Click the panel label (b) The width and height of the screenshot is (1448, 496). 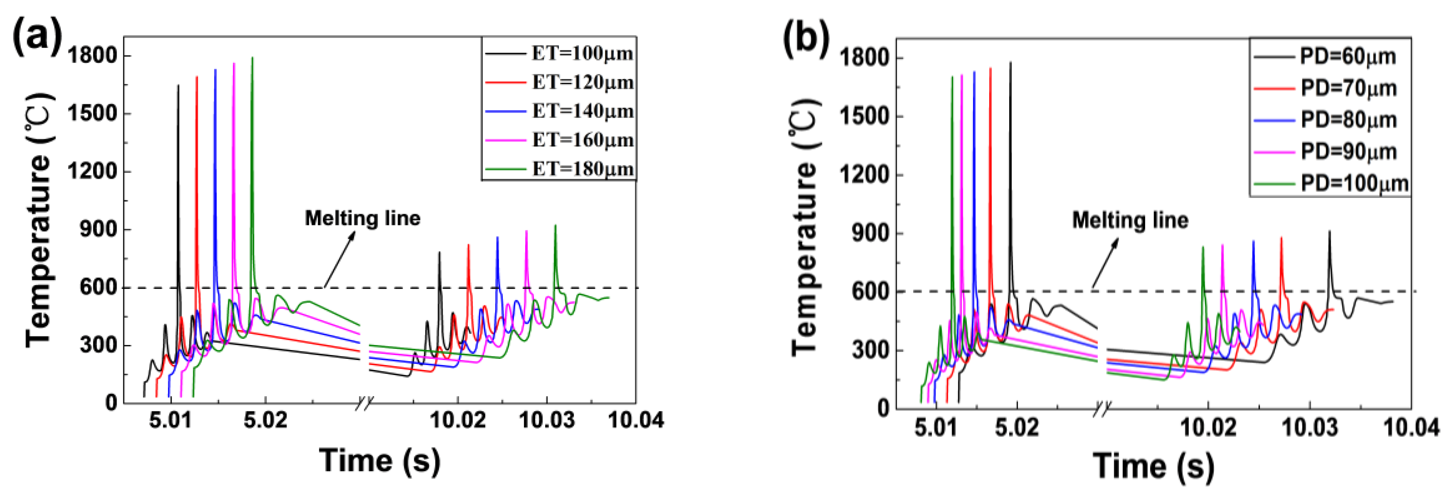806,40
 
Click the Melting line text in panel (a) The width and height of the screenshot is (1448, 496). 363,219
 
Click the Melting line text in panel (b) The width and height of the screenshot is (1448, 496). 1130,220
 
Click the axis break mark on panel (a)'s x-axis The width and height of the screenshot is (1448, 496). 364,403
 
